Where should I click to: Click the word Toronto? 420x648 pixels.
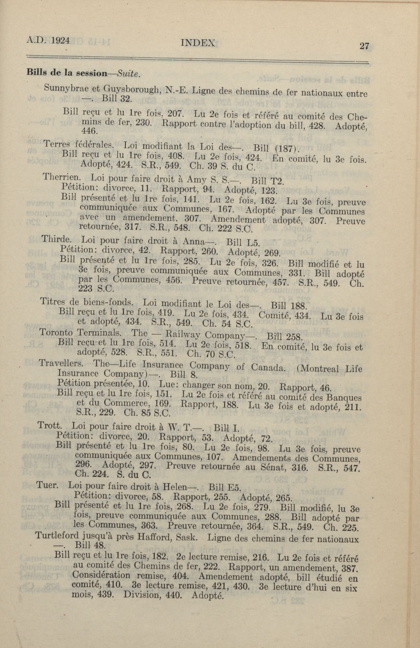56,332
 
